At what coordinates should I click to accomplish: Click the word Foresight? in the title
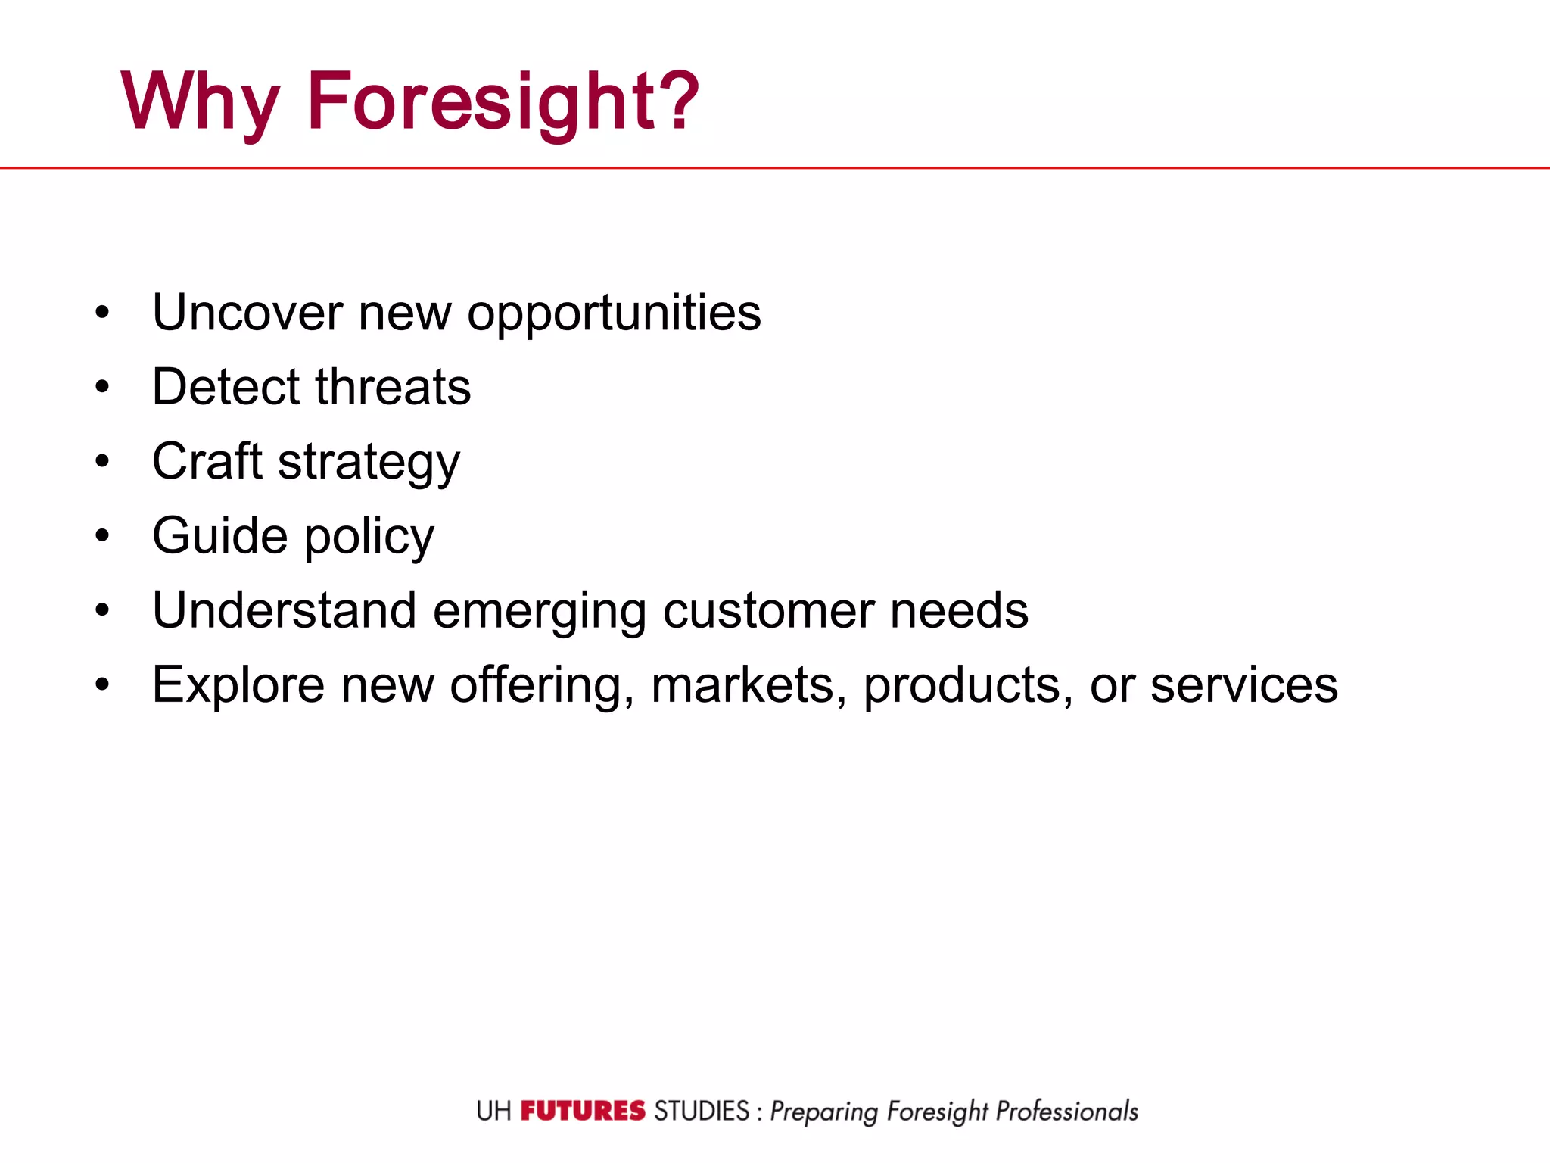(x=503, y=102)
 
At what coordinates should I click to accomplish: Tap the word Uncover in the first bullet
(x=247, y=312)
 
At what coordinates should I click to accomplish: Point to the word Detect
(x=226, y=387)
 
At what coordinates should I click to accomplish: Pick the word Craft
(x=207, y=460)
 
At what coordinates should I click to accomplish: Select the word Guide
(x=220, y=535)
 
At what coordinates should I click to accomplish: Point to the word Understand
(x=285, y=610)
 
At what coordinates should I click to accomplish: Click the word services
(x=1244, y=685)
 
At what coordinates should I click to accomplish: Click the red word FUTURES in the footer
(x=583, y=1111)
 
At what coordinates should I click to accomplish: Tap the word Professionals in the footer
(x=1066, y=1111)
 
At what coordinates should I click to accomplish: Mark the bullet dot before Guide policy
(x=103, y=536)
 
